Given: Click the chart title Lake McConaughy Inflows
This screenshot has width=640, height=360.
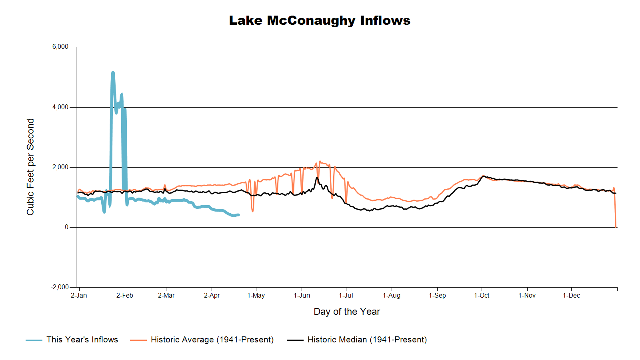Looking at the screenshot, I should tap(320, 20).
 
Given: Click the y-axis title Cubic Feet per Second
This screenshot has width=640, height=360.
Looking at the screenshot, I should tap(30, 167).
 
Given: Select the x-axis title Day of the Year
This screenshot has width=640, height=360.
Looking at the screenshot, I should tap(347, 312).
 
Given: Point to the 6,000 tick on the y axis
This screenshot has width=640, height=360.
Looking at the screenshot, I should tap(60, 47).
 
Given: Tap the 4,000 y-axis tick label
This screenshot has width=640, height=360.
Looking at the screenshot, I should tap(60, 107).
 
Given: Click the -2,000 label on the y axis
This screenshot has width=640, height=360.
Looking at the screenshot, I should tap(60, 287).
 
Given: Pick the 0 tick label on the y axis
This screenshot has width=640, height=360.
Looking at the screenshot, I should tap(67, 227).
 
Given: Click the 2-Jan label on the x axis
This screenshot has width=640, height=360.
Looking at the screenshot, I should tap(79, 296).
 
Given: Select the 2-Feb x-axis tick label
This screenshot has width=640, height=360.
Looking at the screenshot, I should tap(125, 296).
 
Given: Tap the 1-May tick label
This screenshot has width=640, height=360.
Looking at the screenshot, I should tap(256, 296).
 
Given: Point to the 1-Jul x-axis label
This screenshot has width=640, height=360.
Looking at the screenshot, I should tap(346, 296).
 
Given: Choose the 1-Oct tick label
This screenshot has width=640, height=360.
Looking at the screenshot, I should tap(482, 296).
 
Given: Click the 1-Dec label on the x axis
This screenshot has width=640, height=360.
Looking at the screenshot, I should tap(571, 296).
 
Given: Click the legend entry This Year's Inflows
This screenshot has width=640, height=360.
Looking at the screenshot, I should tap(82, 340).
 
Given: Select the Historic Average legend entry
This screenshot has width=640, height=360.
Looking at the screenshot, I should tap(212, 340).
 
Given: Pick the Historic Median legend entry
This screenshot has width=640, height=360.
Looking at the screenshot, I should tap(367, 340).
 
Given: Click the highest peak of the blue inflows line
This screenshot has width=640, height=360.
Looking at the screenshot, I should tap(113, 72).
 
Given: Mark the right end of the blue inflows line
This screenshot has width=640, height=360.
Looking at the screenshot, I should tap(238, 215).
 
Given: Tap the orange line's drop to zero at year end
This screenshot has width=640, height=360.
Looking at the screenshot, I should tap(616, 226).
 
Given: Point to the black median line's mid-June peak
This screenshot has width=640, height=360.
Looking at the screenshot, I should tap(317, 178).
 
